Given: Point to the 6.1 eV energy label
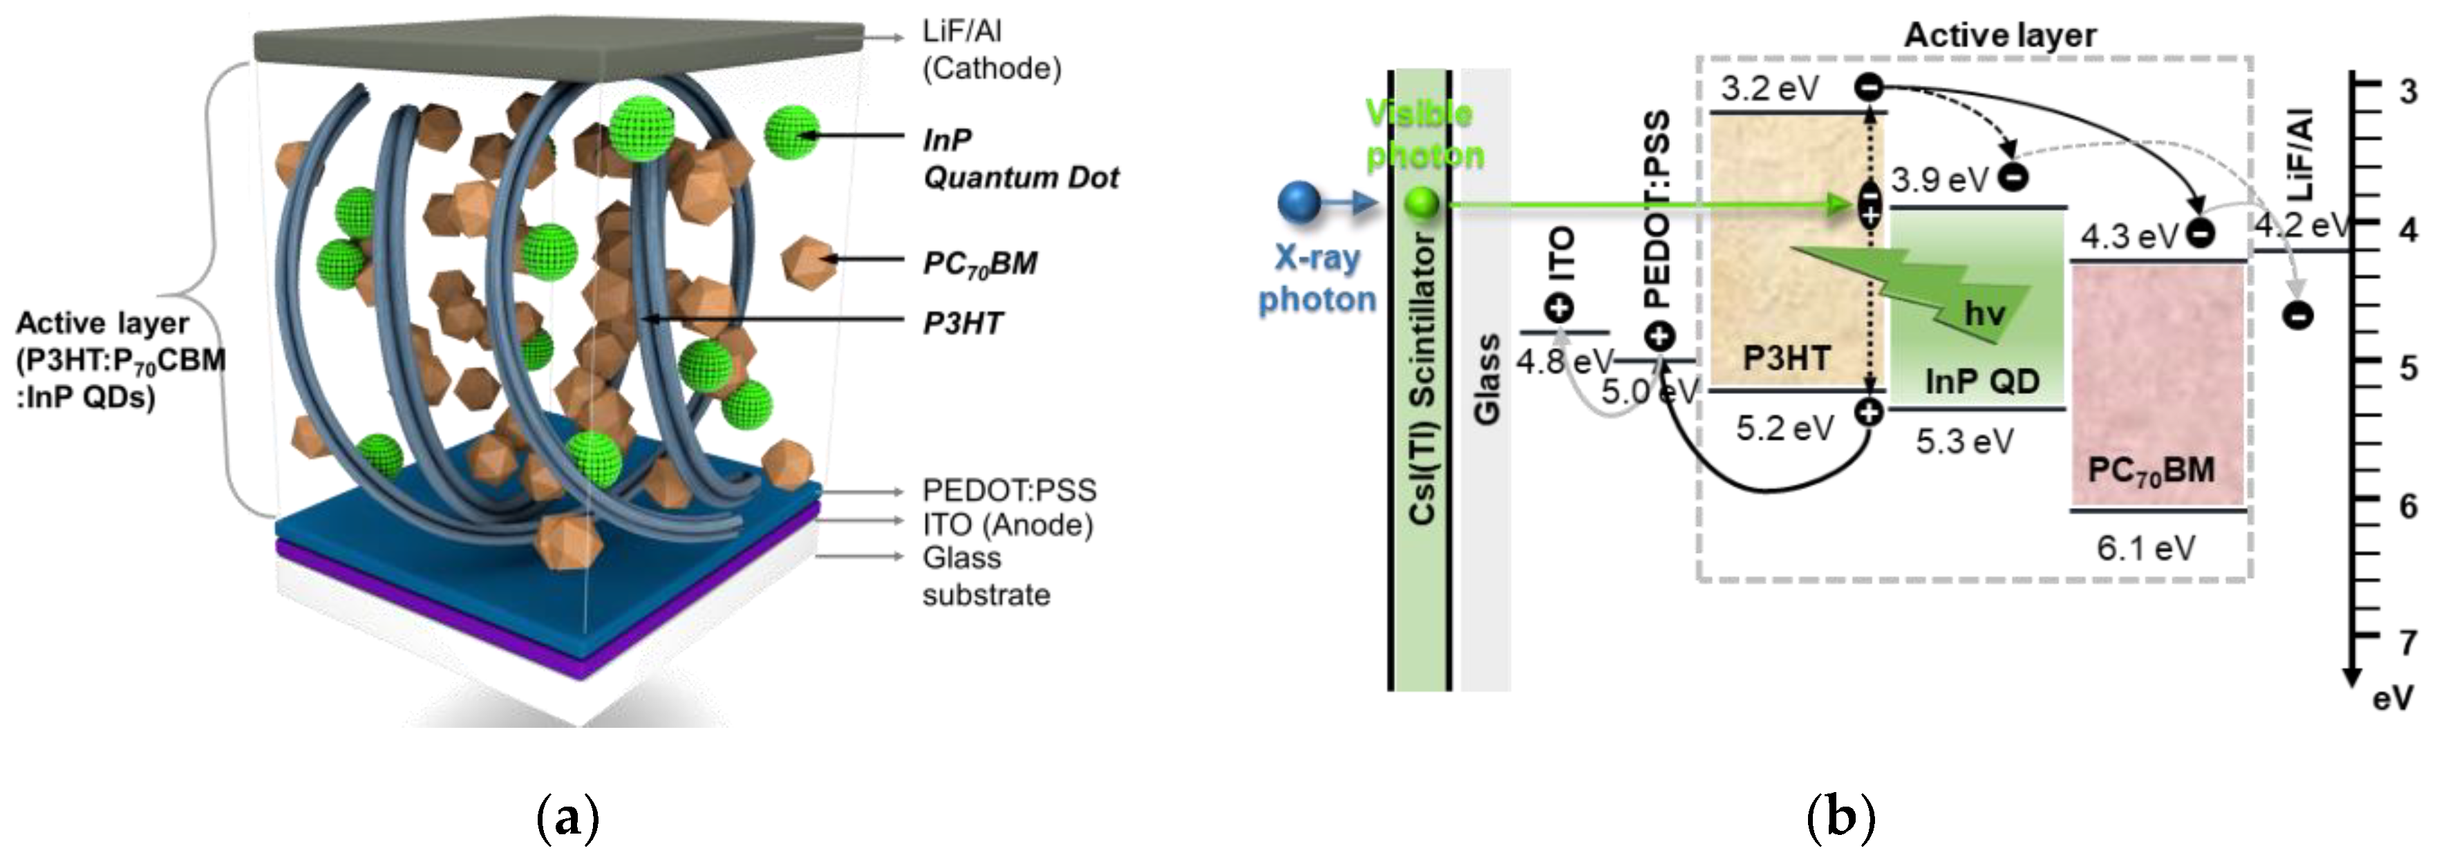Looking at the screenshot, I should pos(2145,547).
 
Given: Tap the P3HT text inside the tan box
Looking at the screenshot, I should pos(1787,359).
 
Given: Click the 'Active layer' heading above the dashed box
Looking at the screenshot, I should pos(1999,35).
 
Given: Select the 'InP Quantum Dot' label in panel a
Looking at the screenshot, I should pos(1019,159).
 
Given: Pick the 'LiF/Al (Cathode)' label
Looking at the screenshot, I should pos(990,50).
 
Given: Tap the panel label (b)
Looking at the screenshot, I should pos(1840,817).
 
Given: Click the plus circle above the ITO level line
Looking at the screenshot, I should pos(1558,308).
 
